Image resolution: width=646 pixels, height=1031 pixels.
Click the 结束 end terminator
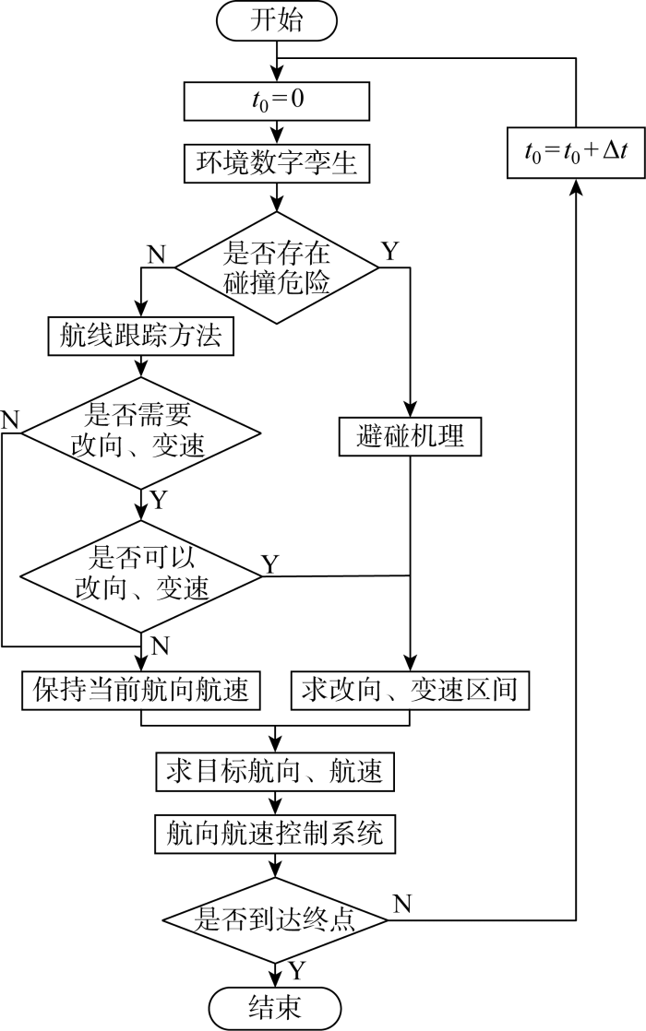276,1006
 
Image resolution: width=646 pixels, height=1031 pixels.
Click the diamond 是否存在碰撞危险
276,268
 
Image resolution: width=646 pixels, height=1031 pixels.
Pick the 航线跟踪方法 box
140,337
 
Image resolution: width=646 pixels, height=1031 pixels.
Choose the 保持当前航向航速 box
140,690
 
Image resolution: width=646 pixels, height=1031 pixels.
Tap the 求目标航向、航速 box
276,769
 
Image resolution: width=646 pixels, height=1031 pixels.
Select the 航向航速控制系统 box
276,835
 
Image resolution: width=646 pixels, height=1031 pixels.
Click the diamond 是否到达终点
276,918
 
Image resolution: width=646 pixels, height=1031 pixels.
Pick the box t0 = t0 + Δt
575,148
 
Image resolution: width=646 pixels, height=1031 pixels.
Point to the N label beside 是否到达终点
402,903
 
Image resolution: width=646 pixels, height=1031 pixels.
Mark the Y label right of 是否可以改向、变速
270,563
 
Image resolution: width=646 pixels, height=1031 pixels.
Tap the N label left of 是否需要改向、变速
10,419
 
